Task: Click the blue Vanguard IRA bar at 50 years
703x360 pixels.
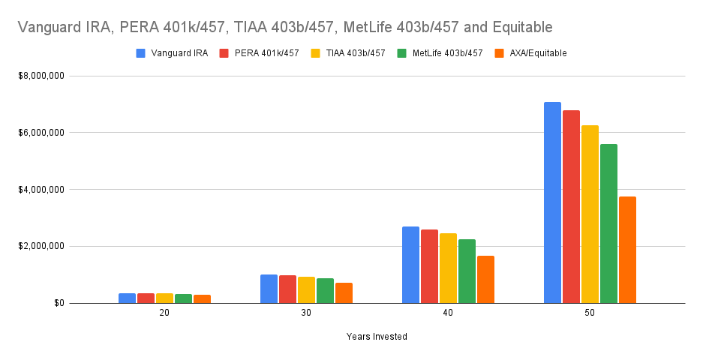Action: pos(552,202)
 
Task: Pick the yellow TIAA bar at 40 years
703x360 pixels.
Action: pos(448,268)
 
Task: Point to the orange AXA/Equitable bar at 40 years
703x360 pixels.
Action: pos(485,279)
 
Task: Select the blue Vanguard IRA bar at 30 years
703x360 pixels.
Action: pos(269,289)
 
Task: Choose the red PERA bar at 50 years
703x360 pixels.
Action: pos(571,206)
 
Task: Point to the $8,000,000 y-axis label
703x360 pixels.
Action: pos(41,76)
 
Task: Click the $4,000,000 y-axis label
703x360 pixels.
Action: pos(41,190)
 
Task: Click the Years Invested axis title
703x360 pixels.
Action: pos(377,337)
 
